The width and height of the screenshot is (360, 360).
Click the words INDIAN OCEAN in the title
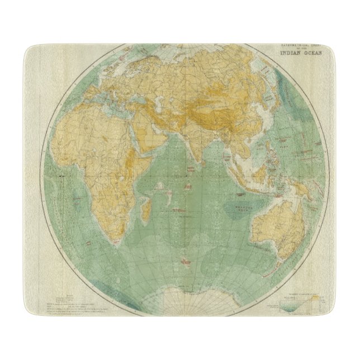tap(302, 55)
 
